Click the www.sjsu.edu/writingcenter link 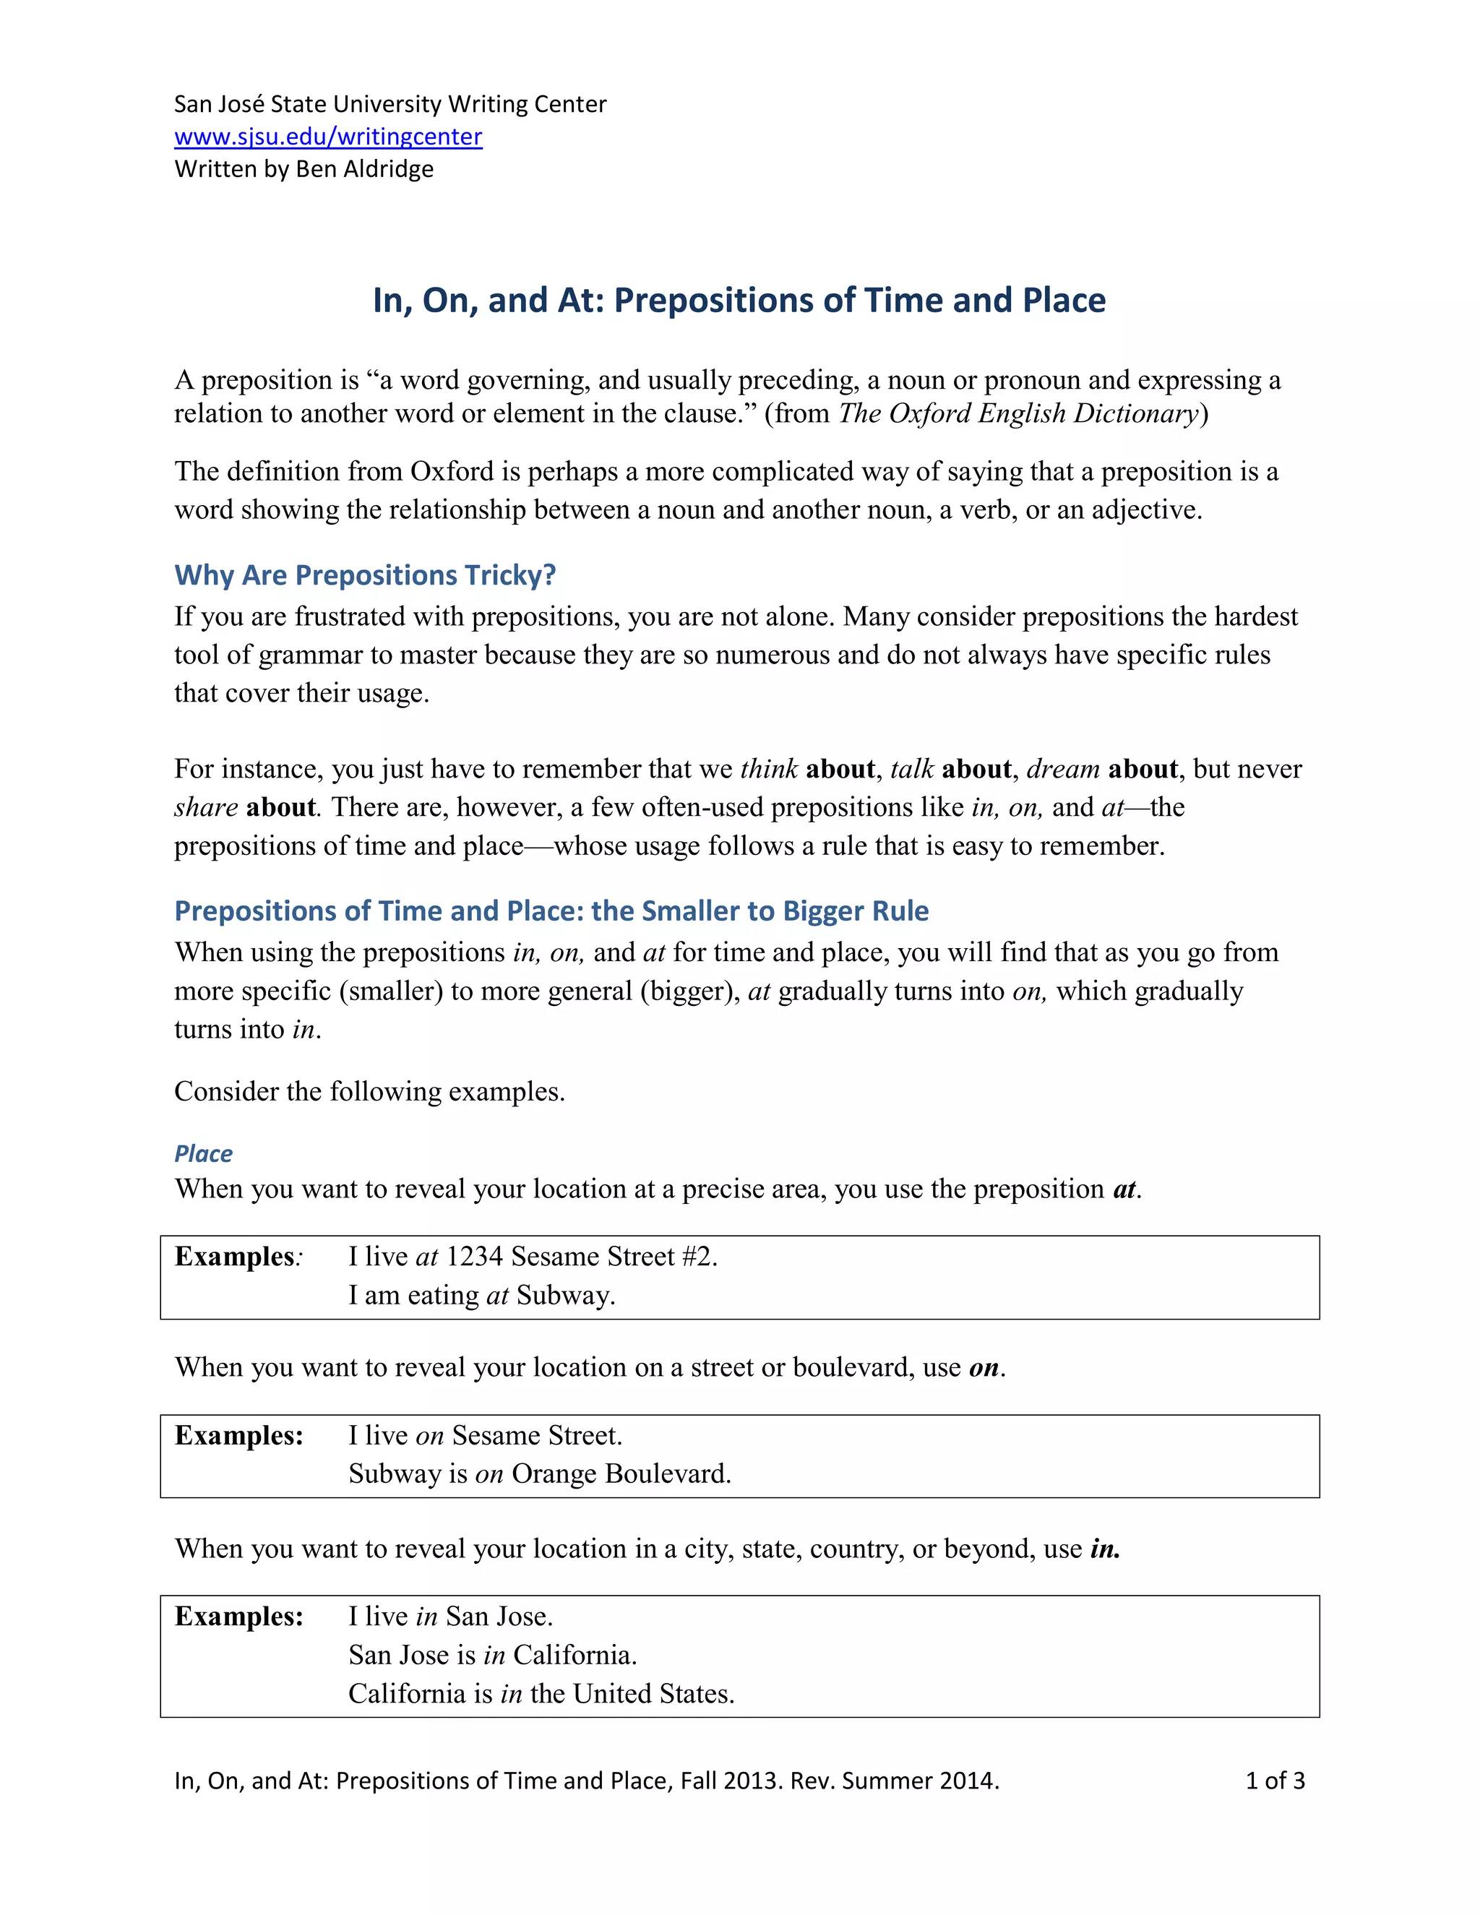(328, 137)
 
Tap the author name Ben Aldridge (365, 168)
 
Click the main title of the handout (739, 300)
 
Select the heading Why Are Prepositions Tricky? (365, 575)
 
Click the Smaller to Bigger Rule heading (551, 911)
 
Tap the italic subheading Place (203, 1154)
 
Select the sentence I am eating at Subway (481, 1295)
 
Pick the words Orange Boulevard (621, 1474)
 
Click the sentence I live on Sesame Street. (485, 1435)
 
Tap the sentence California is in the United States (541, 1693)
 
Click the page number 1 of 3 (1275, 1781)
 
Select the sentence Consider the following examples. (369, 1092)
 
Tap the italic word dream (1062, 769)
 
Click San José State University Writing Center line (390, 104)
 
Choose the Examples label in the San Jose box (238, 1616)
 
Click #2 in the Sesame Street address (698, 1257)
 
